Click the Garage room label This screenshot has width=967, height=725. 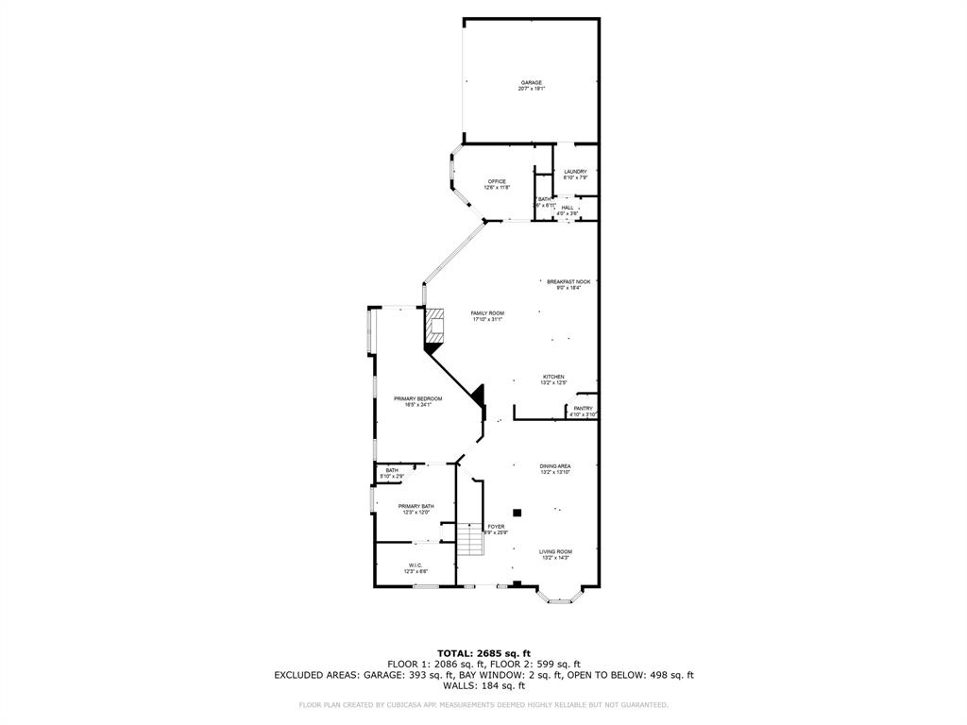531,85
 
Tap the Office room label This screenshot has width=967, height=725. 497,184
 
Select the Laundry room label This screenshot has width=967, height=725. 575,175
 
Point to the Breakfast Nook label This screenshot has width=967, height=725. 568,284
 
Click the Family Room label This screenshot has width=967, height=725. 488,315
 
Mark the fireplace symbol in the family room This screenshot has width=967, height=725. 435,327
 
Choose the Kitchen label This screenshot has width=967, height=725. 553,379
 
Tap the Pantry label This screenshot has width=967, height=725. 583,411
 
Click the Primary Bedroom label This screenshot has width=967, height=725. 417,401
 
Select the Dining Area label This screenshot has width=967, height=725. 555,468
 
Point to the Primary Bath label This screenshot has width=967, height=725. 416,509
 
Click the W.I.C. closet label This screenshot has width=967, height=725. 416,568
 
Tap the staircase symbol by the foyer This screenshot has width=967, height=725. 469,542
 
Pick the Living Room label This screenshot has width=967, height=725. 555,554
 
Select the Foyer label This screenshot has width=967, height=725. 496,529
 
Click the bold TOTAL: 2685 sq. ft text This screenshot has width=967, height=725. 483,652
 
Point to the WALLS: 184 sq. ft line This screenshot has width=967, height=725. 483,685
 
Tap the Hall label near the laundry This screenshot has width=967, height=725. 568,210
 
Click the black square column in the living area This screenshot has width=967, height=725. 517,513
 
